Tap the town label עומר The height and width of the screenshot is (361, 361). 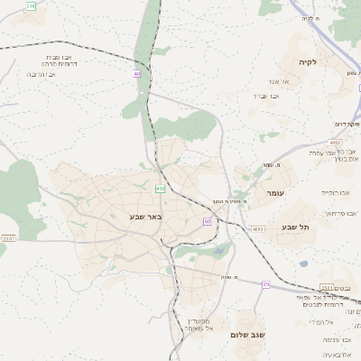click(275, 193)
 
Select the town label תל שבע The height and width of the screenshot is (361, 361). click(295, 227)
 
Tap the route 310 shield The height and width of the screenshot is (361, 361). click(32, 6)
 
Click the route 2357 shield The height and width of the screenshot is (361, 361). click(8, 238)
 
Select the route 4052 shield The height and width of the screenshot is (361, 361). click(335, 142)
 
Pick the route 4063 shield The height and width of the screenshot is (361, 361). click(258, 229)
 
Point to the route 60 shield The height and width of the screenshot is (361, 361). click(208, 220)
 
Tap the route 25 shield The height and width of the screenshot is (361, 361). click(266, 284)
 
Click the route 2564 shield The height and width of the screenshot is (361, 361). click(328, 287)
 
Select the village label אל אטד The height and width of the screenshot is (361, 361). click(276, 80)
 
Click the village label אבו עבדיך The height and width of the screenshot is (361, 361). click(270, 95)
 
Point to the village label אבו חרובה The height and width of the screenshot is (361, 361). click(42, 74)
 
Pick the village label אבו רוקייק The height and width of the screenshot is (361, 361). click(335, 192)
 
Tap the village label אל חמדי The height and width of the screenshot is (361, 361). click(321, 322)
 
